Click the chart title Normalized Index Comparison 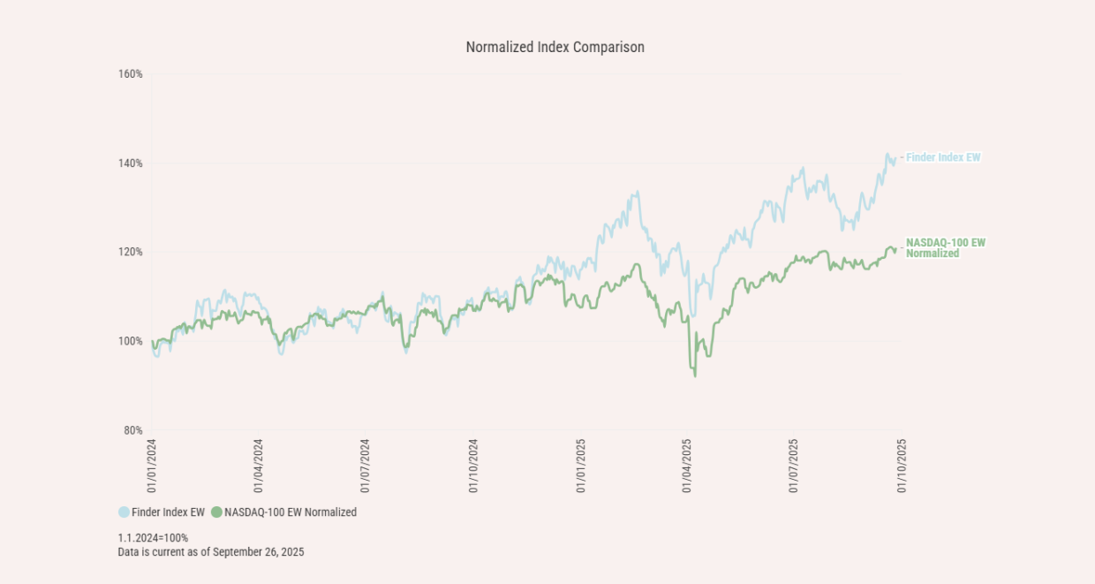click(x=555, y=48)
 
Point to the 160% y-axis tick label click(x=130, y=74)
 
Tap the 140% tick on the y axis click(x=130, y=163)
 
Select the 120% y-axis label click(x=130, y=252)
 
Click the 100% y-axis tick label click(x=130, y=341)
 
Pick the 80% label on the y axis click(x=132, y=430)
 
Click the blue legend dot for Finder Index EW click(x=125, y=512)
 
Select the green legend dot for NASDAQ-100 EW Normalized click(x=216, y=512)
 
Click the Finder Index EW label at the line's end click(x=943, y=158)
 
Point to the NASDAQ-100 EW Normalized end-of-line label click(x=945, y=247)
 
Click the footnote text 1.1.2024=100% click(x=153, y=537)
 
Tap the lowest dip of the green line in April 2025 click(x=695, y=376)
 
